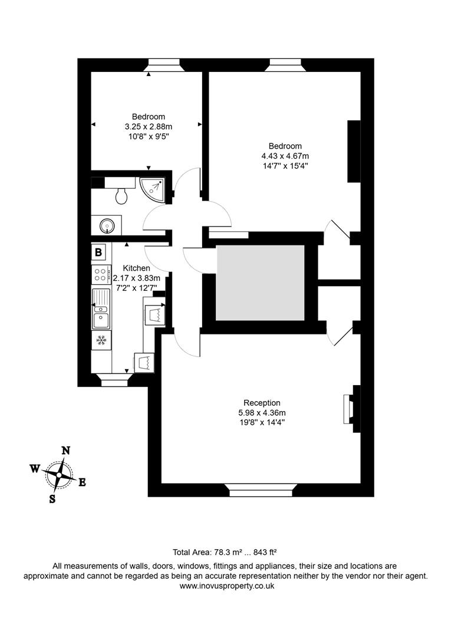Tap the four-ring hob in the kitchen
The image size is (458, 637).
[100, 274]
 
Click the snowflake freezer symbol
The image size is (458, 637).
[101, 340]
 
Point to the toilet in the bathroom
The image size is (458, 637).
[122, 194]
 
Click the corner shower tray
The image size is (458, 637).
[154, 188]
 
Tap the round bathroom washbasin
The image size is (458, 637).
[107, 225]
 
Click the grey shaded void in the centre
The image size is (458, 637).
[260, 283]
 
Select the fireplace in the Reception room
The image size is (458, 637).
[348, 408]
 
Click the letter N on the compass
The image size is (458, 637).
[66, 451]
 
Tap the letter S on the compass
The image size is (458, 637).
[52, 499]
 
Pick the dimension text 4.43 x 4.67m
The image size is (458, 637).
[285, 156]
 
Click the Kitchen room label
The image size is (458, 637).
[136, 268]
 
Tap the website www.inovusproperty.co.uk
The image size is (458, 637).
[227, 586]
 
